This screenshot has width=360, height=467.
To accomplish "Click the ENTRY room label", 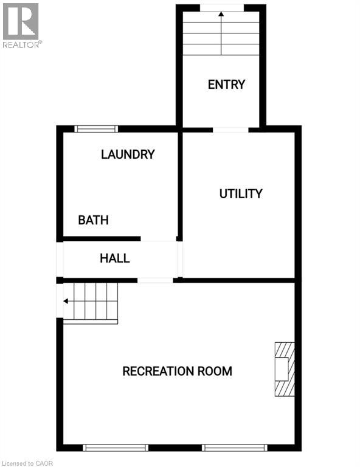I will coord(226,85).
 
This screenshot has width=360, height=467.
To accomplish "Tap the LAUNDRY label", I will coord(128,154).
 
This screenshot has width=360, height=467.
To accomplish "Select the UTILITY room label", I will coord(241,194).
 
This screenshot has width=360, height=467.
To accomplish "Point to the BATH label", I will coord(93,220).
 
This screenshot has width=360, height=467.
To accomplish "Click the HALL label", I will coord(115,258).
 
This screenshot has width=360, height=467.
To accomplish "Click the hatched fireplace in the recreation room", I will coord(284,369).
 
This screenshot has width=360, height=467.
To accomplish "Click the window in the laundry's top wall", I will coord(96,128).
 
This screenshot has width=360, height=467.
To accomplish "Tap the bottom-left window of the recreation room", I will coord(116,448).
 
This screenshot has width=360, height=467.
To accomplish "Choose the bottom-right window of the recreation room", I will coord(235,448).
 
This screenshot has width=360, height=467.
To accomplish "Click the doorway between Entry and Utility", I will coord(230,130).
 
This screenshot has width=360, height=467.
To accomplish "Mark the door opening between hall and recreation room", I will coord(155,280).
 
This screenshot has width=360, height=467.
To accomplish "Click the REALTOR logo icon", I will coord(21,21).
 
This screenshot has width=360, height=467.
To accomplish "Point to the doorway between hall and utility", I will coord(180,258).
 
